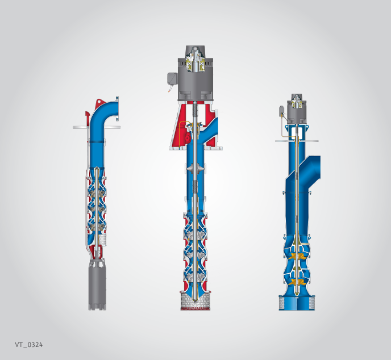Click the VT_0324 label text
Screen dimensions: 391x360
(28, 345)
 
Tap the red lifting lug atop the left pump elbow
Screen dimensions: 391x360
(99, 103)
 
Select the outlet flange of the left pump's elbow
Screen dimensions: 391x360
(117, 109)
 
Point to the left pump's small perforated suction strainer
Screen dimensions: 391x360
(103, 240)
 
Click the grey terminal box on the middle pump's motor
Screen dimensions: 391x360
(172, 78)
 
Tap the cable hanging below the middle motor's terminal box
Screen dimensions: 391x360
(172, 88)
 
